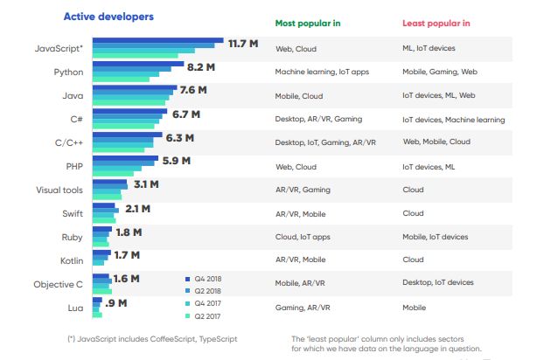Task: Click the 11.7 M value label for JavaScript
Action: click(242, 44)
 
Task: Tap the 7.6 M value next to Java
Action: click(193, 90)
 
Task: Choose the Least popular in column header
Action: click(436, 24)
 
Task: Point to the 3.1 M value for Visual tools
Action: click(146, 183)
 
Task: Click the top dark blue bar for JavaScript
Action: click(157, 40)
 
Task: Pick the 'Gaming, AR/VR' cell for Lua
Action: click(302, 307)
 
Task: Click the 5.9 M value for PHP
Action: click(175, 161)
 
